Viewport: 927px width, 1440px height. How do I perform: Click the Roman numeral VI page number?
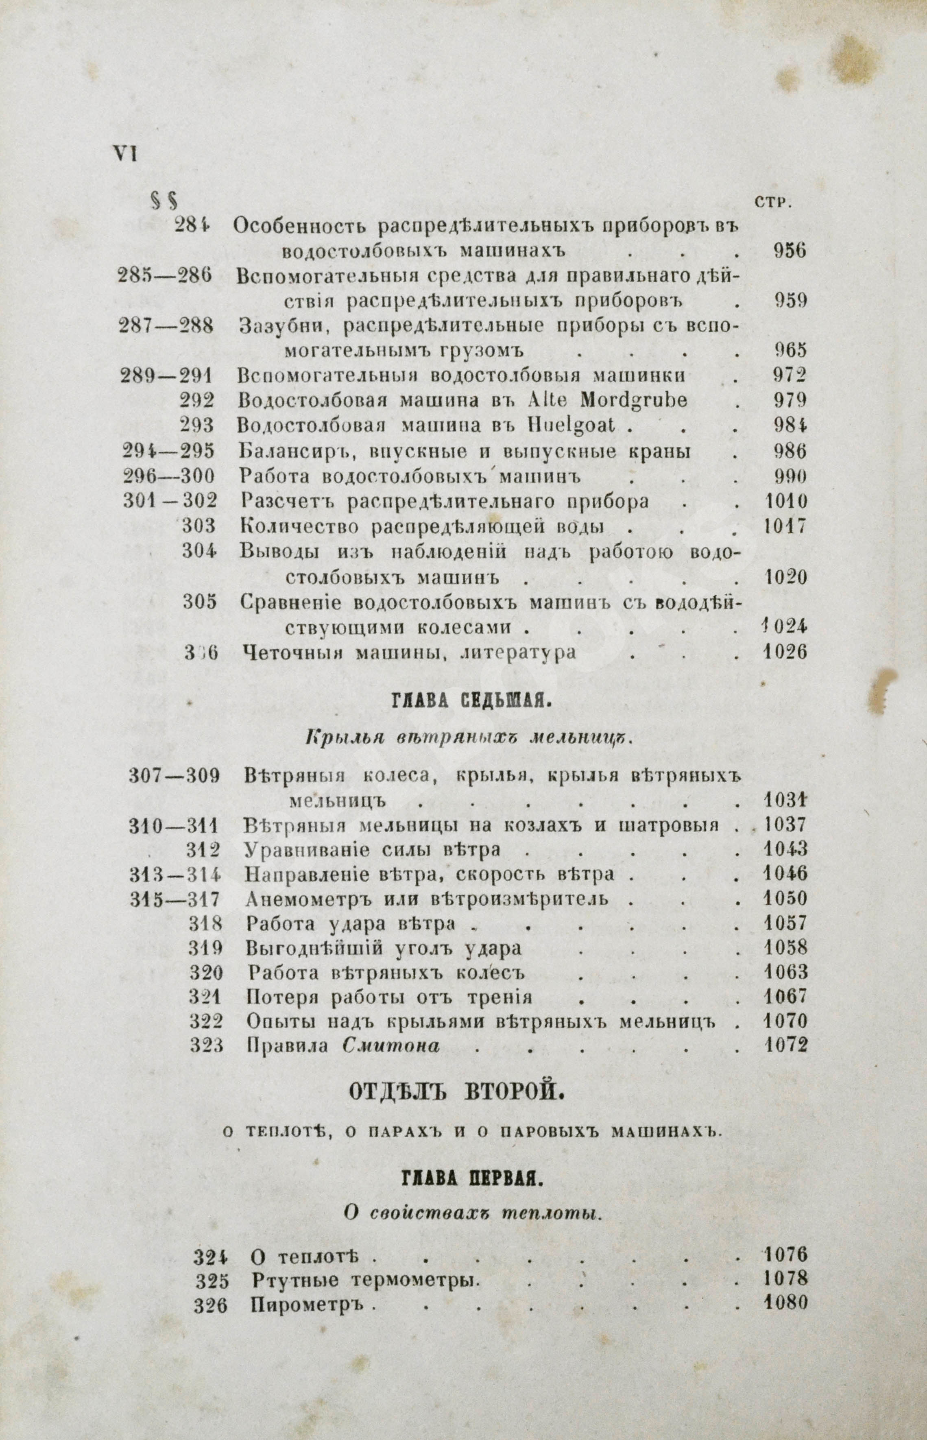124,154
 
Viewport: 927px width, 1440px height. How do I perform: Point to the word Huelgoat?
574,425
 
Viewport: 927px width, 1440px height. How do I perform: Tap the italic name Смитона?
391,1046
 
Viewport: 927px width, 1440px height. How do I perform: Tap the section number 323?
207,1046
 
